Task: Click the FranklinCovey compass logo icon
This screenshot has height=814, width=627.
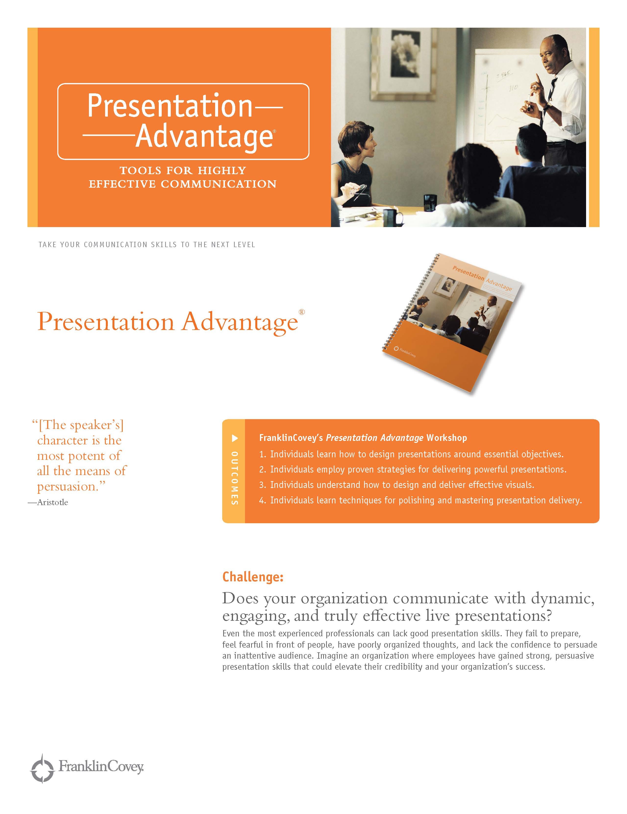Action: coord(42,768)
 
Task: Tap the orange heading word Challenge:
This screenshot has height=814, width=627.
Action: coord(253,577)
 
